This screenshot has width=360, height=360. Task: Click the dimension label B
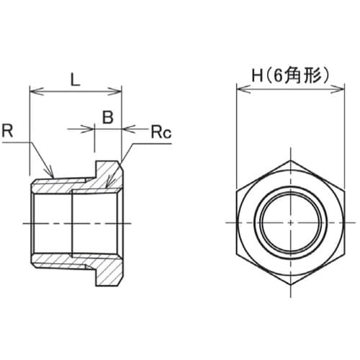pos(107,117)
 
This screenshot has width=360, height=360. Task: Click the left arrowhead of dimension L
pos(34,91)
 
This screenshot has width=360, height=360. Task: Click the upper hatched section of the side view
pos(79,185)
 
